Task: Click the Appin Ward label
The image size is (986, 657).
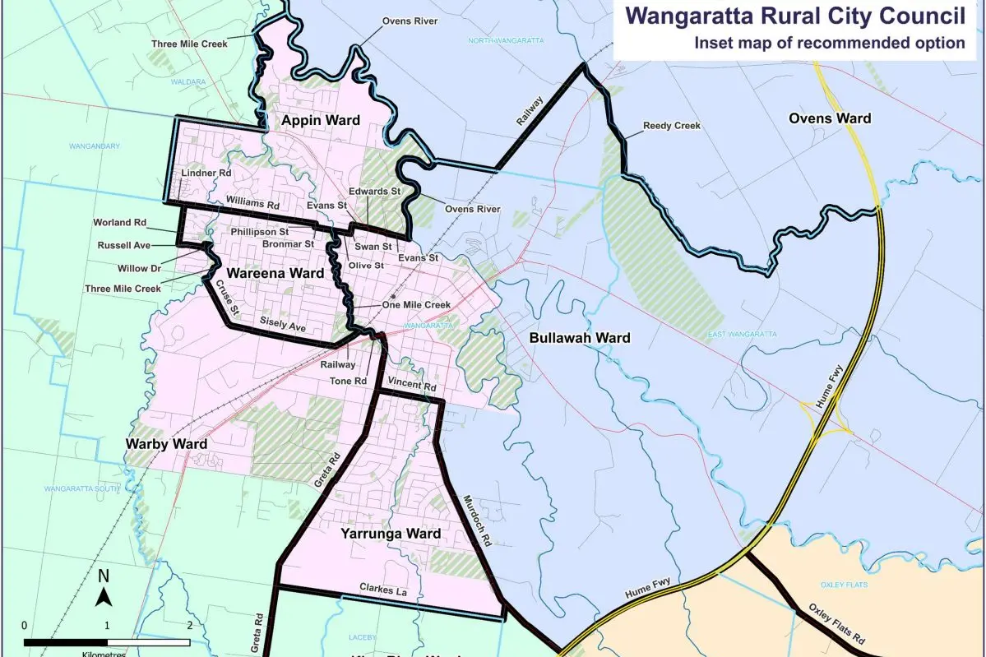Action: (x=321, y=121)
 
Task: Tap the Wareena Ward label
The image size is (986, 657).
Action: (x=264, y=273)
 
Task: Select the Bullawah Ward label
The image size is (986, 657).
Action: (x=580, y=338)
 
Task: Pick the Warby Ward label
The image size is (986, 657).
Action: (x=165, y=444)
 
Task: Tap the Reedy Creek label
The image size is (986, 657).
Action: (x=673, y=126)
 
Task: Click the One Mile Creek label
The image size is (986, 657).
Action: (x=417, y=305)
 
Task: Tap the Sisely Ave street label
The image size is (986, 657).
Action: (x=282, y=323)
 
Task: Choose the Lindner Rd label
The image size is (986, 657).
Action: (x=202, y=174)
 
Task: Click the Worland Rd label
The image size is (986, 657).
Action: (x=121, y=223)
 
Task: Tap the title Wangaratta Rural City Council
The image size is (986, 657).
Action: (x=796, y=16)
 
